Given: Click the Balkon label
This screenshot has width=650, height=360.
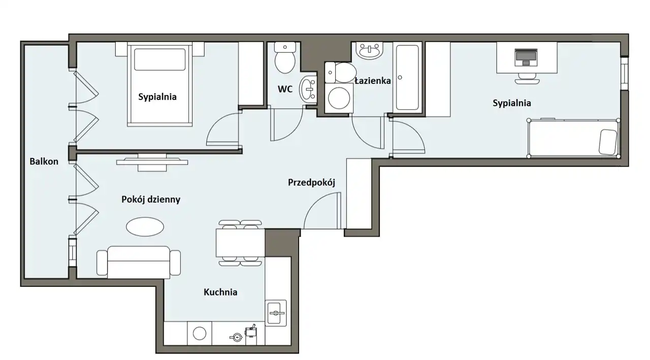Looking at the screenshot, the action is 44,161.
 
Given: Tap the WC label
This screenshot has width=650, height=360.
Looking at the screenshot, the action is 285,89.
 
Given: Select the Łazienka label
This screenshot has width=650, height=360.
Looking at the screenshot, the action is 373,81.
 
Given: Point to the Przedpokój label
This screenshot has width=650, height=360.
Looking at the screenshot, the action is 311,182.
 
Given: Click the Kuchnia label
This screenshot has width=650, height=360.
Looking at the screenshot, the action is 220,292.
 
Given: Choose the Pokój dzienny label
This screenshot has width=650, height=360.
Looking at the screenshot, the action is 151,199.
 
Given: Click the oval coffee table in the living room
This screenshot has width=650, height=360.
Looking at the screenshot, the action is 145,226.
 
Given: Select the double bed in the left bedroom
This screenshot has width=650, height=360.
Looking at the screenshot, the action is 159,84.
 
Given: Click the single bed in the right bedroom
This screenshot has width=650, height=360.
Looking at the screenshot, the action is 573,138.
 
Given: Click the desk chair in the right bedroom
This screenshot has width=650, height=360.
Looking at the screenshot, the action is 527,78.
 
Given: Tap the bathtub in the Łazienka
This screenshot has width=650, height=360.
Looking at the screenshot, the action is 407,78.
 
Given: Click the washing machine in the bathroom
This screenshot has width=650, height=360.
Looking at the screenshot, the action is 339,98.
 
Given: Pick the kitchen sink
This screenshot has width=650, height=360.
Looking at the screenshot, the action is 275,313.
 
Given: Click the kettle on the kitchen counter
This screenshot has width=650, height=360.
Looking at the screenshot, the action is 237,337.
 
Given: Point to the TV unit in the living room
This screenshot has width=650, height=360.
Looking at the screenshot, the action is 152,162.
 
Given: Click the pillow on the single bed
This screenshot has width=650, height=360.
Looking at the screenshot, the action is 608,142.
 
